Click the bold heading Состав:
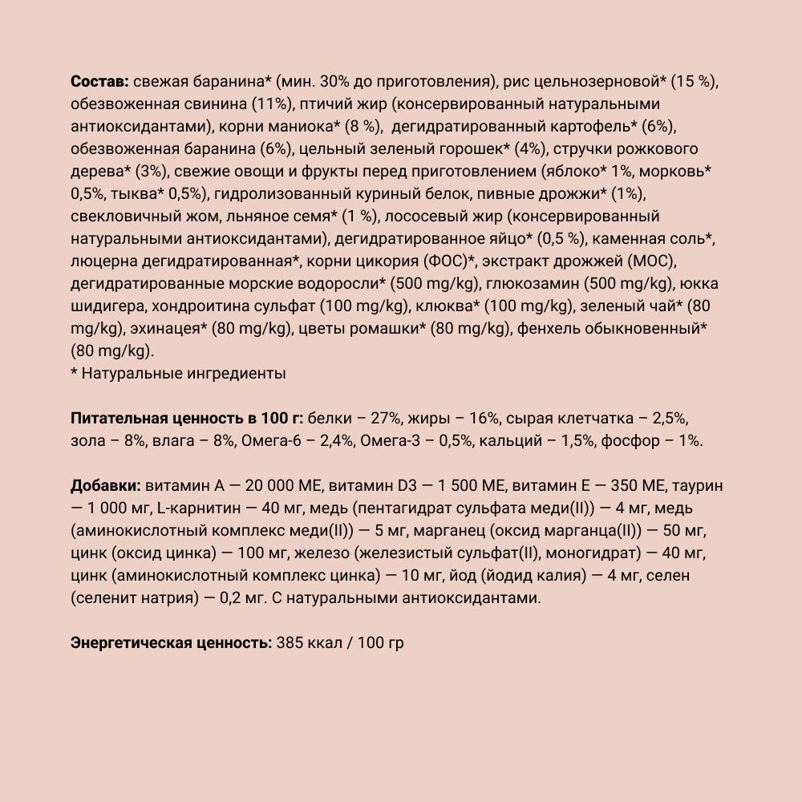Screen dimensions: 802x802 tap(98, 83)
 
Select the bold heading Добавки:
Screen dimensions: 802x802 tap(104, 486)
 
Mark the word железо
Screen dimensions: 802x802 tap(321, 553)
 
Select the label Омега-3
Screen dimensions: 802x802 tap(388, 441)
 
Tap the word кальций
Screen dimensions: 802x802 tap(510, 441)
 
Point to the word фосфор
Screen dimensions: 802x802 tap(623, 441)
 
